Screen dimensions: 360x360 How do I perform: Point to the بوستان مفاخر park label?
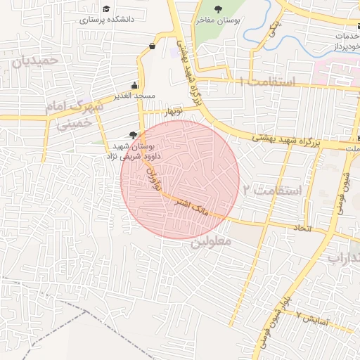pos(218,21)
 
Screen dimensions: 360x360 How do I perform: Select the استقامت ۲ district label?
pos(271,190)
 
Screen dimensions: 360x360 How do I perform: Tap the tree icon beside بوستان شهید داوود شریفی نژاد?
pos(134,135)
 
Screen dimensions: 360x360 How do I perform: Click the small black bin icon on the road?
pos(153,46)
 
